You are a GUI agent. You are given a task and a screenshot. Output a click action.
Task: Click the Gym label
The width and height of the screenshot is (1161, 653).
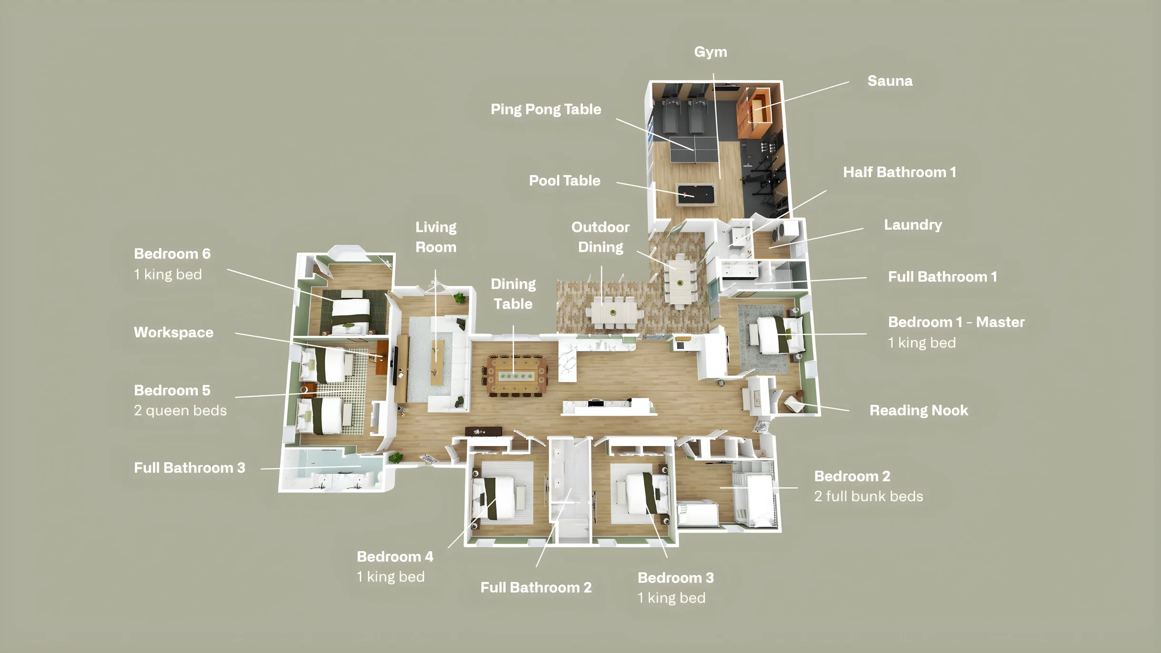click(x=710, y=52)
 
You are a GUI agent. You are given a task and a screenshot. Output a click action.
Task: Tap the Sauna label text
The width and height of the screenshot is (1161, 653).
click(x=890, y=81)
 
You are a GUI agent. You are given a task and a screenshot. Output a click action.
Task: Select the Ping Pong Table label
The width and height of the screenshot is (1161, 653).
click(x=546, y=109)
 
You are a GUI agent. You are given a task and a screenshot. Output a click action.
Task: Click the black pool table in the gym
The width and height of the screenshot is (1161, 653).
click(x=696, y=194)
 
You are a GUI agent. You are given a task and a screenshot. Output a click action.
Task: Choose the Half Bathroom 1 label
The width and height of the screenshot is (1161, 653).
click(x=899, y=172)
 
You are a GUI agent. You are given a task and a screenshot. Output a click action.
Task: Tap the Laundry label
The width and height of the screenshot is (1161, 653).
click(x=913, y=225)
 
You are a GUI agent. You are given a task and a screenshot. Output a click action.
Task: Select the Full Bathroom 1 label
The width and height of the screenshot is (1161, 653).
click(x=942, y=277)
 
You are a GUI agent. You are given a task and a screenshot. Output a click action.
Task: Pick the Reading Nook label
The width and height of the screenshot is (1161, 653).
click(x=918, y=410)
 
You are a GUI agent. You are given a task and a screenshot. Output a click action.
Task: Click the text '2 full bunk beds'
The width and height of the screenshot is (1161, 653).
click(x=868, y=496)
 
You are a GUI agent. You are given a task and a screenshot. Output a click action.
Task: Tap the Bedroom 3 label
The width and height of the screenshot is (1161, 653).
click(x=676, y=578)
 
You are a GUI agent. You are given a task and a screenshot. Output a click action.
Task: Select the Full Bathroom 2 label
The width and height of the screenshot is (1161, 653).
click(x=536, y=588)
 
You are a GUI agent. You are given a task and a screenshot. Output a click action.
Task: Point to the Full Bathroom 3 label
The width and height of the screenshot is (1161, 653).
click(x=189, y=468)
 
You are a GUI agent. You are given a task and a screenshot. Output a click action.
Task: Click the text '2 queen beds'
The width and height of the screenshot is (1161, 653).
click(x=180, y=411)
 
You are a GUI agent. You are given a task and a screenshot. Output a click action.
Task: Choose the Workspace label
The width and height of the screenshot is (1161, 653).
click(x=173, y=332)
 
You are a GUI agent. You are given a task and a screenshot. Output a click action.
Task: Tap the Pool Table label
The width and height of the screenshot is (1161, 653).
click(x=564, y=181)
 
